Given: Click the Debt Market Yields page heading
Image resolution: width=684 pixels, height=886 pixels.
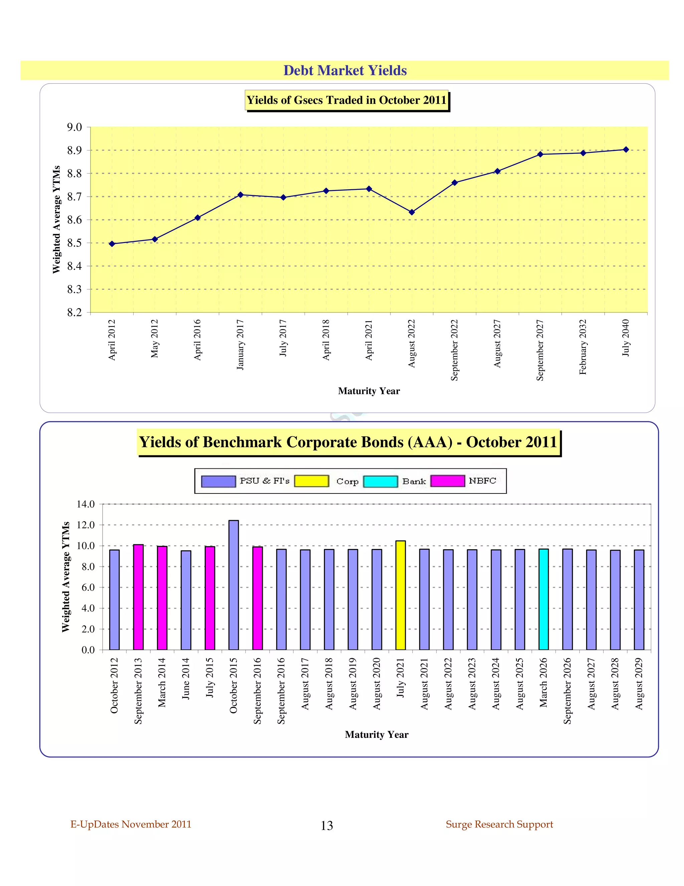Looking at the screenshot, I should [345, 71].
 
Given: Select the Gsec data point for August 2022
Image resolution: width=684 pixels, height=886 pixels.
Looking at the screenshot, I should [412, 212].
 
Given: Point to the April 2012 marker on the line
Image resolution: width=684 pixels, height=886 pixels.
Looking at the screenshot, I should [112, 244].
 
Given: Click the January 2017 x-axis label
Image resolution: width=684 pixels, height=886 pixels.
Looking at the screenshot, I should [240, 344].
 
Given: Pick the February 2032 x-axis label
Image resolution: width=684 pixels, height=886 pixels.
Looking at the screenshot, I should [583, 347].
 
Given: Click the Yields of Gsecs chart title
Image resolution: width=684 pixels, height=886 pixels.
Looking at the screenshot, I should [346, 100].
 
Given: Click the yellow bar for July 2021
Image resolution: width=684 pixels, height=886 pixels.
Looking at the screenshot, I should [400, 595].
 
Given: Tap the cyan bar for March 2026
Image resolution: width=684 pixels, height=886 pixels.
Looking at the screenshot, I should [543, 599].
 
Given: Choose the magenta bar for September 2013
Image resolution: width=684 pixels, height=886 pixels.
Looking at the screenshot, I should [138, 597].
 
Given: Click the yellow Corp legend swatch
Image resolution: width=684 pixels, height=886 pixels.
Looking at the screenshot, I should [311, 481].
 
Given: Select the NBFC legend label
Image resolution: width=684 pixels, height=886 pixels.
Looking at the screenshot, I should [482, 481].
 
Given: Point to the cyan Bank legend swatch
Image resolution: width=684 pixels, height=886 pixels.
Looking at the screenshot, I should [380, 481].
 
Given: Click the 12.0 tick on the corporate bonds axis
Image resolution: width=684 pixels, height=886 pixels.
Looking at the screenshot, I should [85, 525].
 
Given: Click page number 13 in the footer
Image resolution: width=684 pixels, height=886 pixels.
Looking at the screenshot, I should [327, 825].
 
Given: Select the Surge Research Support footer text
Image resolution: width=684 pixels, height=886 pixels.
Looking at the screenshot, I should [499, 824].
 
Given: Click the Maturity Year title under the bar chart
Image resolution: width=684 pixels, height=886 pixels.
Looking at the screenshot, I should [376, 735].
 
